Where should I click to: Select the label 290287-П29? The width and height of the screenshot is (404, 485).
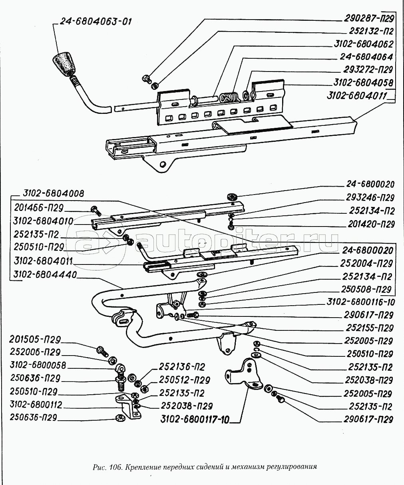368,18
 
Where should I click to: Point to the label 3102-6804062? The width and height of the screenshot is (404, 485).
363,44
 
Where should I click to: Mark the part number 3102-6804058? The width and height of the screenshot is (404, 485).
363,82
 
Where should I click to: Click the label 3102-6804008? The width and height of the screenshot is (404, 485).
48,194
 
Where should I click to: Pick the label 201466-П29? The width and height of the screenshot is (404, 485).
39,207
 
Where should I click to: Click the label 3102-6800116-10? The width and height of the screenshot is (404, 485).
360,302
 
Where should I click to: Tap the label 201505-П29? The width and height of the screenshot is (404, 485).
36,340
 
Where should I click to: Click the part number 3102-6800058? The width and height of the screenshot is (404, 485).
39,366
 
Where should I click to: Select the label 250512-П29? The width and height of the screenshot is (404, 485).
185,380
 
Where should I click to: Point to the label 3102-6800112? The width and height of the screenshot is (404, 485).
37,405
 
